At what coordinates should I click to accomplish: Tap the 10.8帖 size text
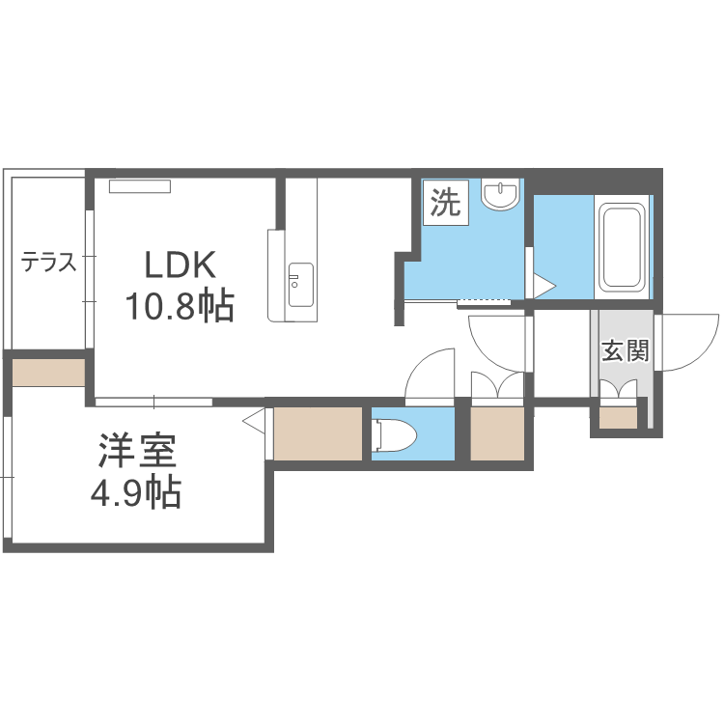(179, 307)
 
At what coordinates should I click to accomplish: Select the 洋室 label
(136, 452)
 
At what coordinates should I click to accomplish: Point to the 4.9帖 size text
(136, 494)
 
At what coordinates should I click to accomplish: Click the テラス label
(49, 262)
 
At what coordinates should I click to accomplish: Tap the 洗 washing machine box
(445, 203)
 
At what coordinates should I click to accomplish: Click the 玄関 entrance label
(624, 350)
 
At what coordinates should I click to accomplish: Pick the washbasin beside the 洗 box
(500, 196)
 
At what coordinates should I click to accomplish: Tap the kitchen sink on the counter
(300, 284)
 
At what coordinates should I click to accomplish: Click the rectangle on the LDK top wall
(139, 185)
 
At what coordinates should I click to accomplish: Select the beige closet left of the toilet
(319, 434)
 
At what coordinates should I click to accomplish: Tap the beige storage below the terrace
(49, 373)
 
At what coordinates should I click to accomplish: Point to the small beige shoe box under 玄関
(618, 418)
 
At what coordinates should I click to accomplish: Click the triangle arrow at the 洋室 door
(254, 422)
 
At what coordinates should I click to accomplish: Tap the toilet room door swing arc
(431, 372)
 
